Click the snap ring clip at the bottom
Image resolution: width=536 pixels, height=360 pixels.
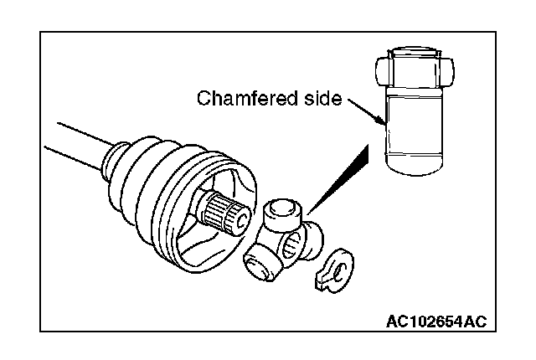coord(334,270)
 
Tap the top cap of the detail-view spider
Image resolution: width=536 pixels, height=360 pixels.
coord(414,50)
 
